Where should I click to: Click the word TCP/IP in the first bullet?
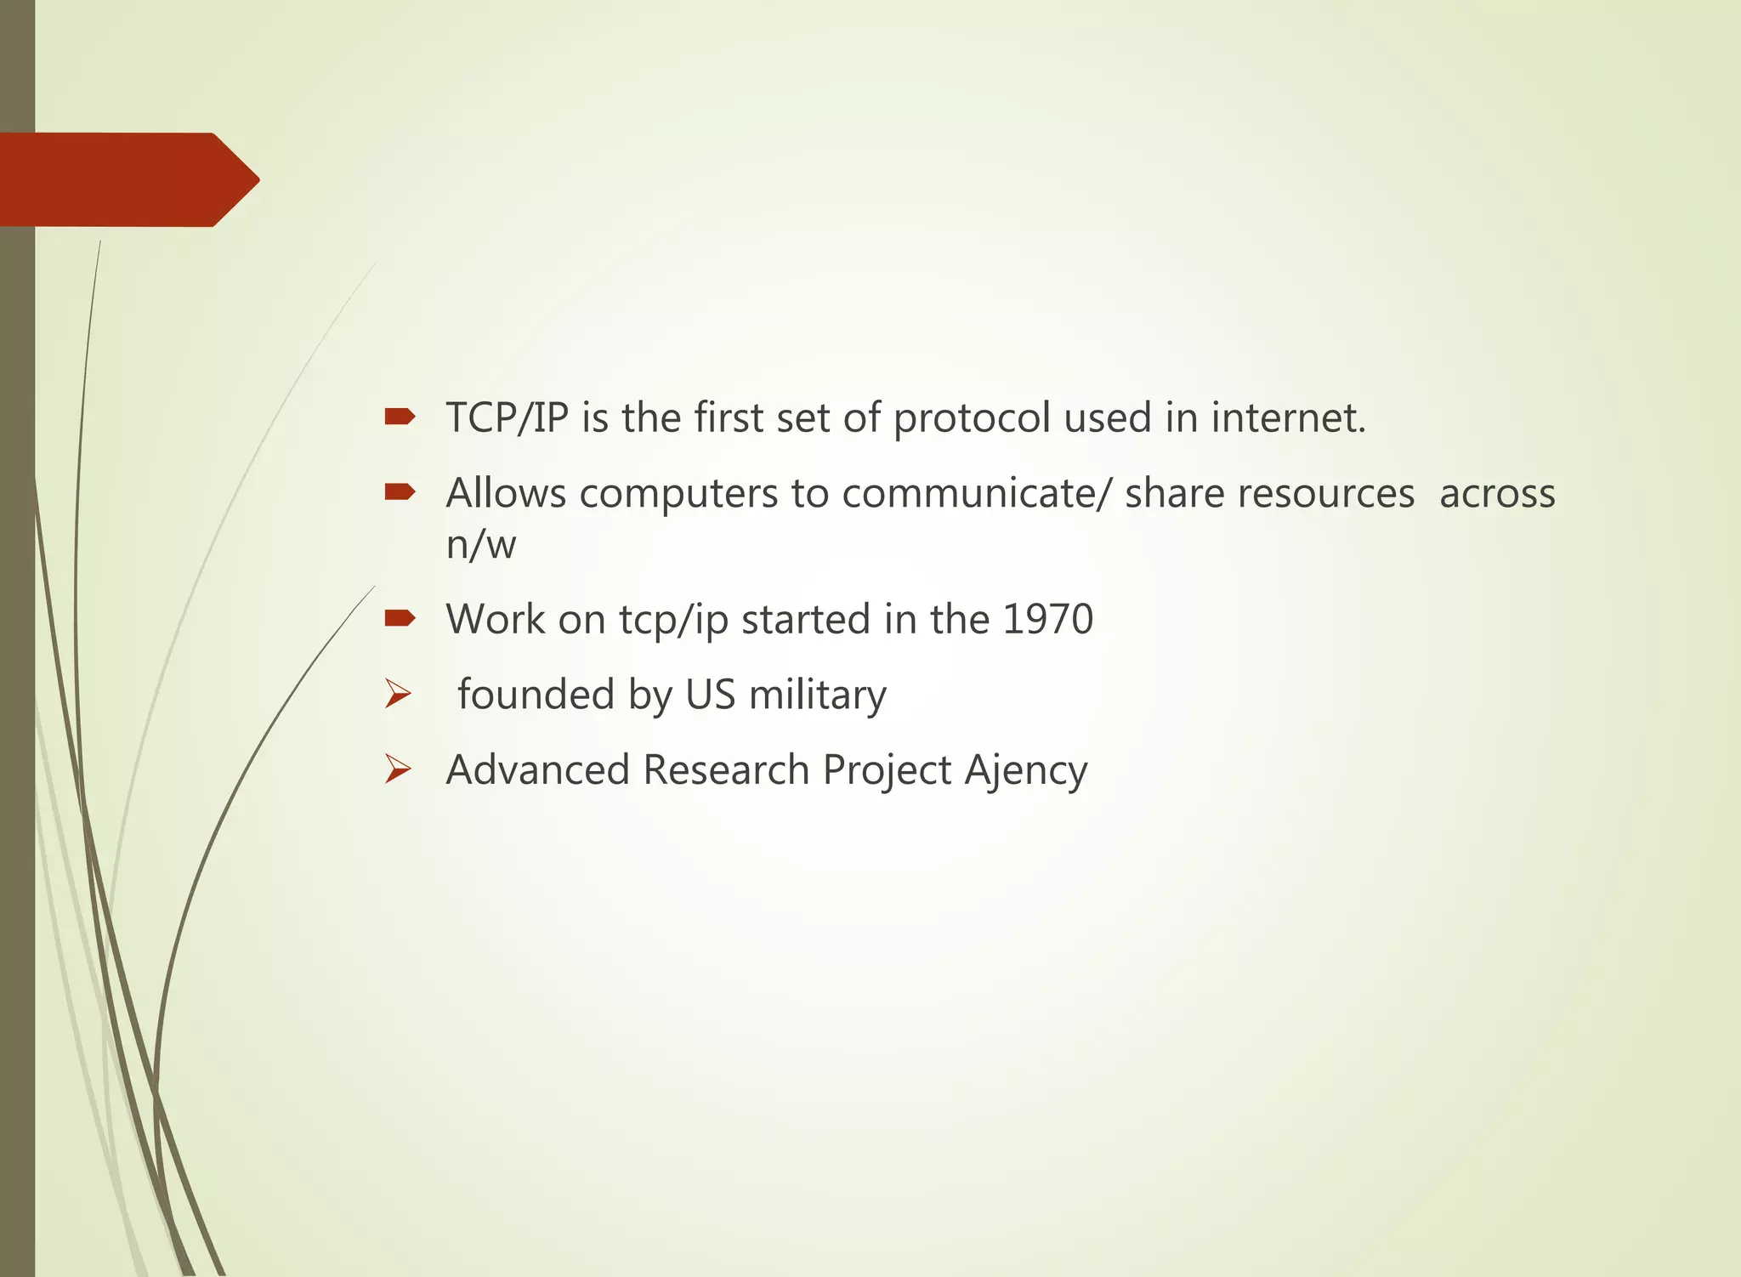[507, 418]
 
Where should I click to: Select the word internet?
[1287, 418]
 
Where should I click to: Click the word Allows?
[506, 493]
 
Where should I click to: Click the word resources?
[1269, 494]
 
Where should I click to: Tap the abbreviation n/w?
[481, 544]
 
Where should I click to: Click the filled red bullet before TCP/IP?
[399, 417]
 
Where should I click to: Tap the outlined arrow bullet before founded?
[397, 694]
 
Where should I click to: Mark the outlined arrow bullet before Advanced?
[397, 769]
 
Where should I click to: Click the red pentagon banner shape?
[128, 179]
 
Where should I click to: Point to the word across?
[1497, 494]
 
